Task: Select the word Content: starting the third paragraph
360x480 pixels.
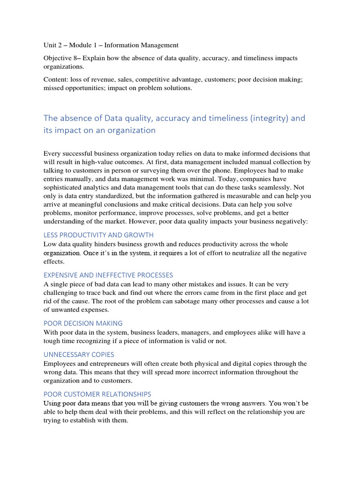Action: coord(56,80)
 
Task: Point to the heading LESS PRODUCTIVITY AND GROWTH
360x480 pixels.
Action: coord(98,235)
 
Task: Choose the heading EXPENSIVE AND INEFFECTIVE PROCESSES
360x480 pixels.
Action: coord(108,275)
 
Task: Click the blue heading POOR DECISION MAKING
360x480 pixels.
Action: coord(83,323)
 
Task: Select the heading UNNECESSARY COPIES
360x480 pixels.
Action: coord(79,354)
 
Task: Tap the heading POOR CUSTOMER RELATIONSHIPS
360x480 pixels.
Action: coord(97,394)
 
